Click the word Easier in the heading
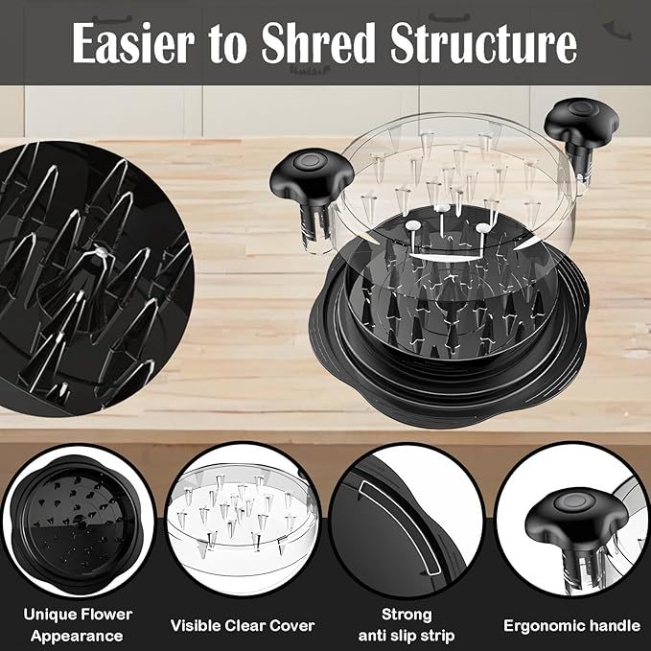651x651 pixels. pyautogui.click(x=133, y=43)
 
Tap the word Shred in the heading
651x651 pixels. pyautogui.click(x=318, y=43)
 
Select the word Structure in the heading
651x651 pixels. pyautogui.click(x=483, y=43)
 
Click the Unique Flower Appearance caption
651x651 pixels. pyautogui.click(x=78, y=625)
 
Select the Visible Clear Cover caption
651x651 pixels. pyautogui.click(x=243, y=626)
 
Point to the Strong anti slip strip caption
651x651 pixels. pyautogui.click(x=407, y=625)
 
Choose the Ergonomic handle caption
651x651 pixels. pyautogui.click(x=571, y=626)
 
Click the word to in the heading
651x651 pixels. pyautogui.click(x=227, y=44)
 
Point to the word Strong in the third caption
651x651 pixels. pyautogui.click(x=407, y=615)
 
